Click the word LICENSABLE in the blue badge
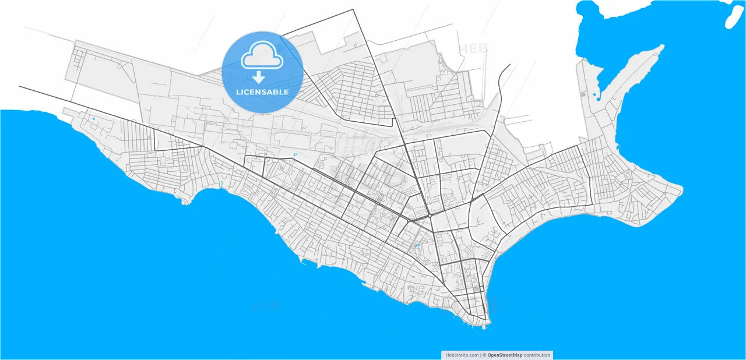[262, 92]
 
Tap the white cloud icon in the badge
[262, 55]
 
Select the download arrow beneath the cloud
[259, 77]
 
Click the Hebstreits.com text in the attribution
[462, 355]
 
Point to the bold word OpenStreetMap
[505, 355]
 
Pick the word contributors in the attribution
[537, 355]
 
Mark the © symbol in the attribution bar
[485, 355]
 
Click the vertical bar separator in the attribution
[481, 355]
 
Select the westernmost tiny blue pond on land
[93, 119]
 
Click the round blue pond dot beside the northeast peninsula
[594, 94]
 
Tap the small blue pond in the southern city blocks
[417, 246]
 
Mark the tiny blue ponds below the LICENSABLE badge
[295, 154]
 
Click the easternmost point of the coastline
[682, 188]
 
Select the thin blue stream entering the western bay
[222, 186]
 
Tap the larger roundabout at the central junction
[430, 216]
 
